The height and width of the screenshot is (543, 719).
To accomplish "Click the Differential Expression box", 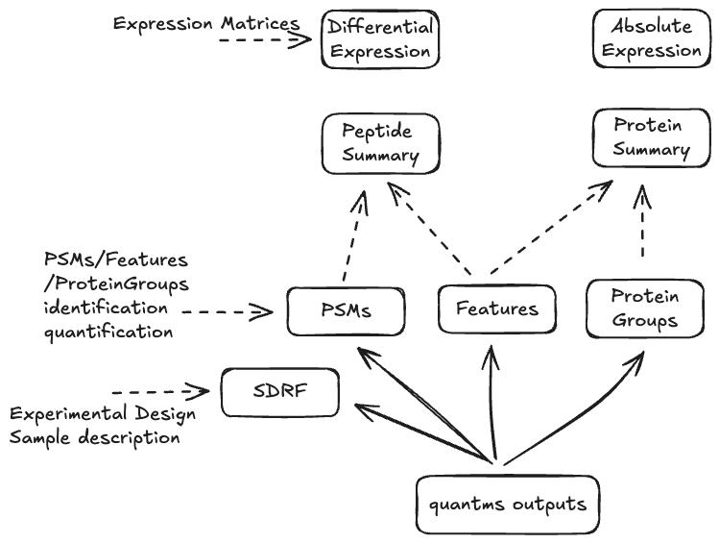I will [x=380, y=40].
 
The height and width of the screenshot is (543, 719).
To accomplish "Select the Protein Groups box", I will [x=645, y=308].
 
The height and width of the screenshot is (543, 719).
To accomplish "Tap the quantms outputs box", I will [x=508, y=505].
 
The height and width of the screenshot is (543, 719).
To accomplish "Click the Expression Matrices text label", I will [x=205, y=23].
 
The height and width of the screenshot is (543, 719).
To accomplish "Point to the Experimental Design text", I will [x=103, y=414].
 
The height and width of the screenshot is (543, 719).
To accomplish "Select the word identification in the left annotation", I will [x=106, y=309].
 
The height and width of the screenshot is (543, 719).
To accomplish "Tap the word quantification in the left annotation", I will [x=108, y=332].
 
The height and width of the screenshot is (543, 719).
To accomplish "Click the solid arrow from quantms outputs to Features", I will [x=492, y=404].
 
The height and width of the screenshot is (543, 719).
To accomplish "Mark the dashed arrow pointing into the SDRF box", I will [x=160, y=392].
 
